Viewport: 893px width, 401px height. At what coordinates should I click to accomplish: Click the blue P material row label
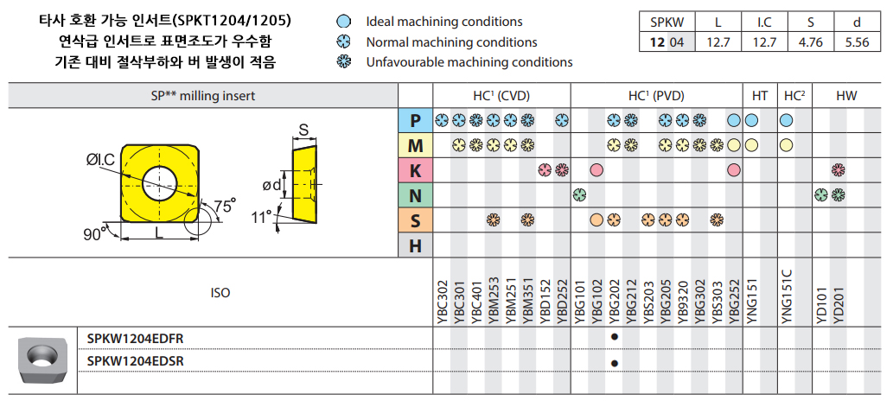click(x=415, y=120)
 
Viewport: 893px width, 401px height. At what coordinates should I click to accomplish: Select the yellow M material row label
click(x=415, y=145)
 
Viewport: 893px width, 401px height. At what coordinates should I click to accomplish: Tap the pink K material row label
click(x=415, y=169)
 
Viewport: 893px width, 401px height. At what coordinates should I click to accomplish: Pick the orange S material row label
click(x=415, y=220)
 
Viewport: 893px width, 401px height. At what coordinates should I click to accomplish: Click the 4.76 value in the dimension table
click(x=810, y=42)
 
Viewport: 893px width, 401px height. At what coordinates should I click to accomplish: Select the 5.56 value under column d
click(x=857, y=42)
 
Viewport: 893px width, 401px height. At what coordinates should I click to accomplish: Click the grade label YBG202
click(x=614, y=302)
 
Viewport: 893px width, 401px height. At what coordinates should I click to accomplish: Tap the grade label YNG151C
click(x=787, y=296)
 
